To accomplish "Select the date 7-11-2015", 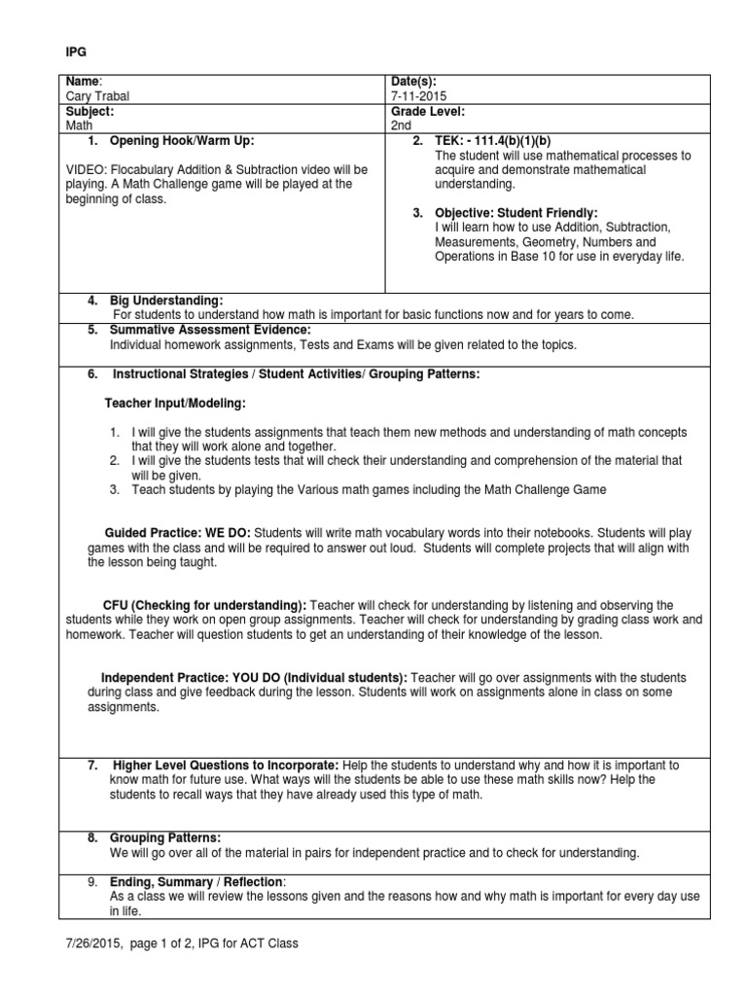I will pyautogui.click(x=416, y=97).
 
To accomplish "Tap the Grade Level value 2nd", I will pyautogui.click(x=400, y=125).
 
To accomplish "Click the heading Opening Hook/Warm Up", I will pyautogui.click(x=183, y=141).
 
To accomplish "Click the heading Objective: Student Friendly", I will pyautogui.click(x=516, y=212).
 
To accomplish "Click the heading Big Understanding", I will pyautogui.click(x=166, y=301).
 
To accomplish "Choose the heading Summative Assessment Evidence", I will pyautogui.click(x=209, y=330).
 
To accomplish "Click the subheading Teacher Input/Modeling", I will pyautogui.click(x=175, y=403).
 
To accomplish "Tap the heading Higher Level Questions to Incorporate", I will pyautogui.click(x=227, y=765).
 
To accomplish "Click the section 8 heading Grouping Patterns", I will pyautogui.click(x=165, y=837).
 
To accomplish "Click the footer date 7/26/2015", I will pyautogui.click(x=87, y=943).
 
